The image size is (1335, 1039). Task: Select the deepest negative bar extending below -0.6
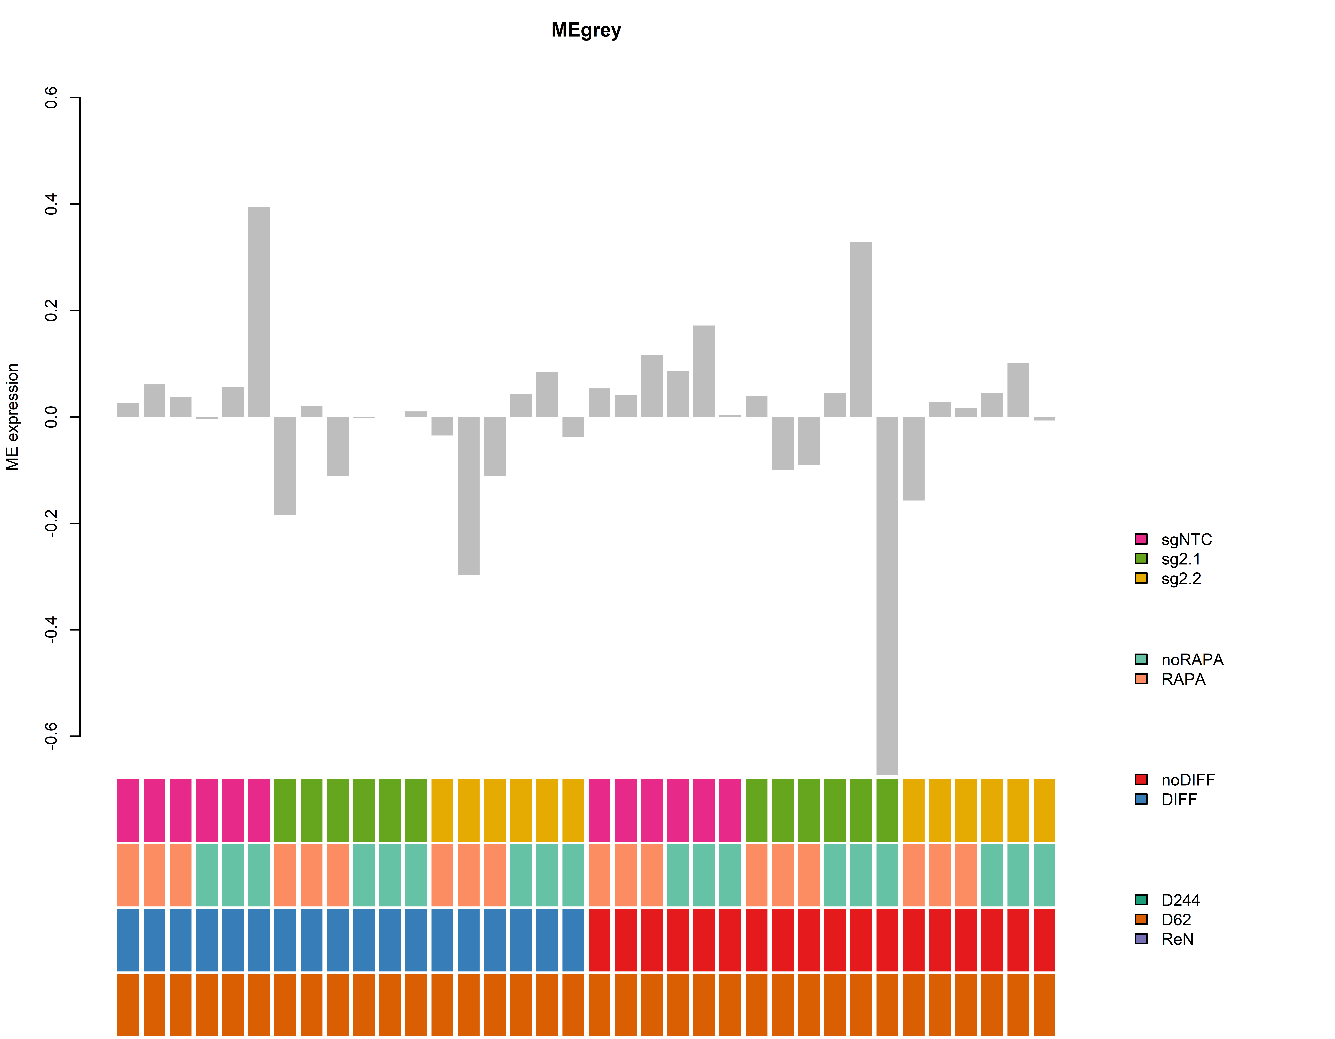coord(887,596)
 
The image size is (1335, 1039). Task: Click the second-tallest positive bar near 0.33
coord(861,329)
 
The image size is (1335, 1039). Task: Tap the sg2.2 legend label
coord(1181,579)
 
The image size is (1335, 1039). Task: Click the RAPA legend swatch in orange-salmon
coord(1141,679)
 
